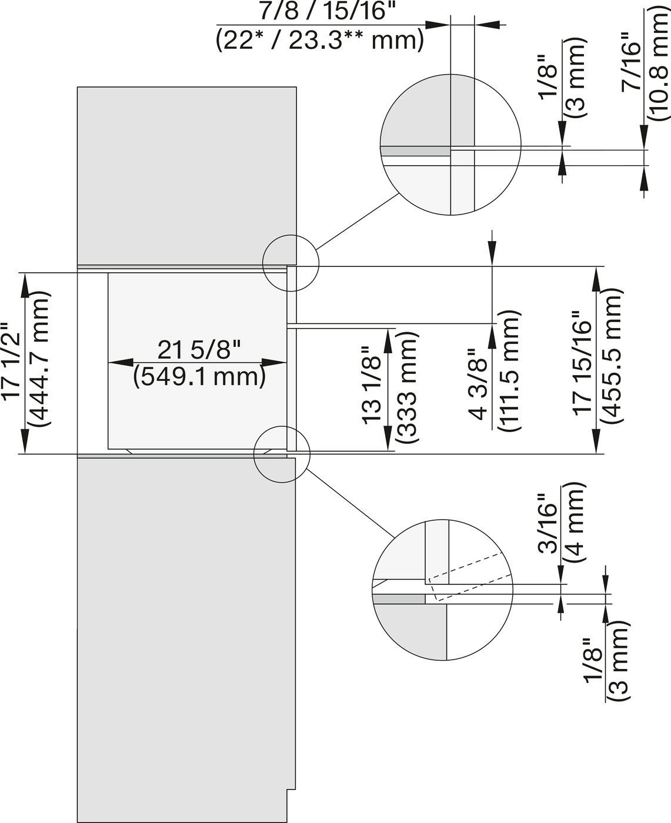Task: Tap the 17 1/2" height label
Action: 13,364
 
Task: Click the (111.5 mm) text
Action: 509,372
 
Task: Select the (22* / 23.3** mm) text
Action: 319,40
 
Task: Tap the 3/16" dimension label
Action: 549,523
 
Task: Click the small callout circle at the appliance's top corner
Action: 291,263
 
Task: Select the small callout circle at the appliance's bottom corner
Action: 281,455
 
